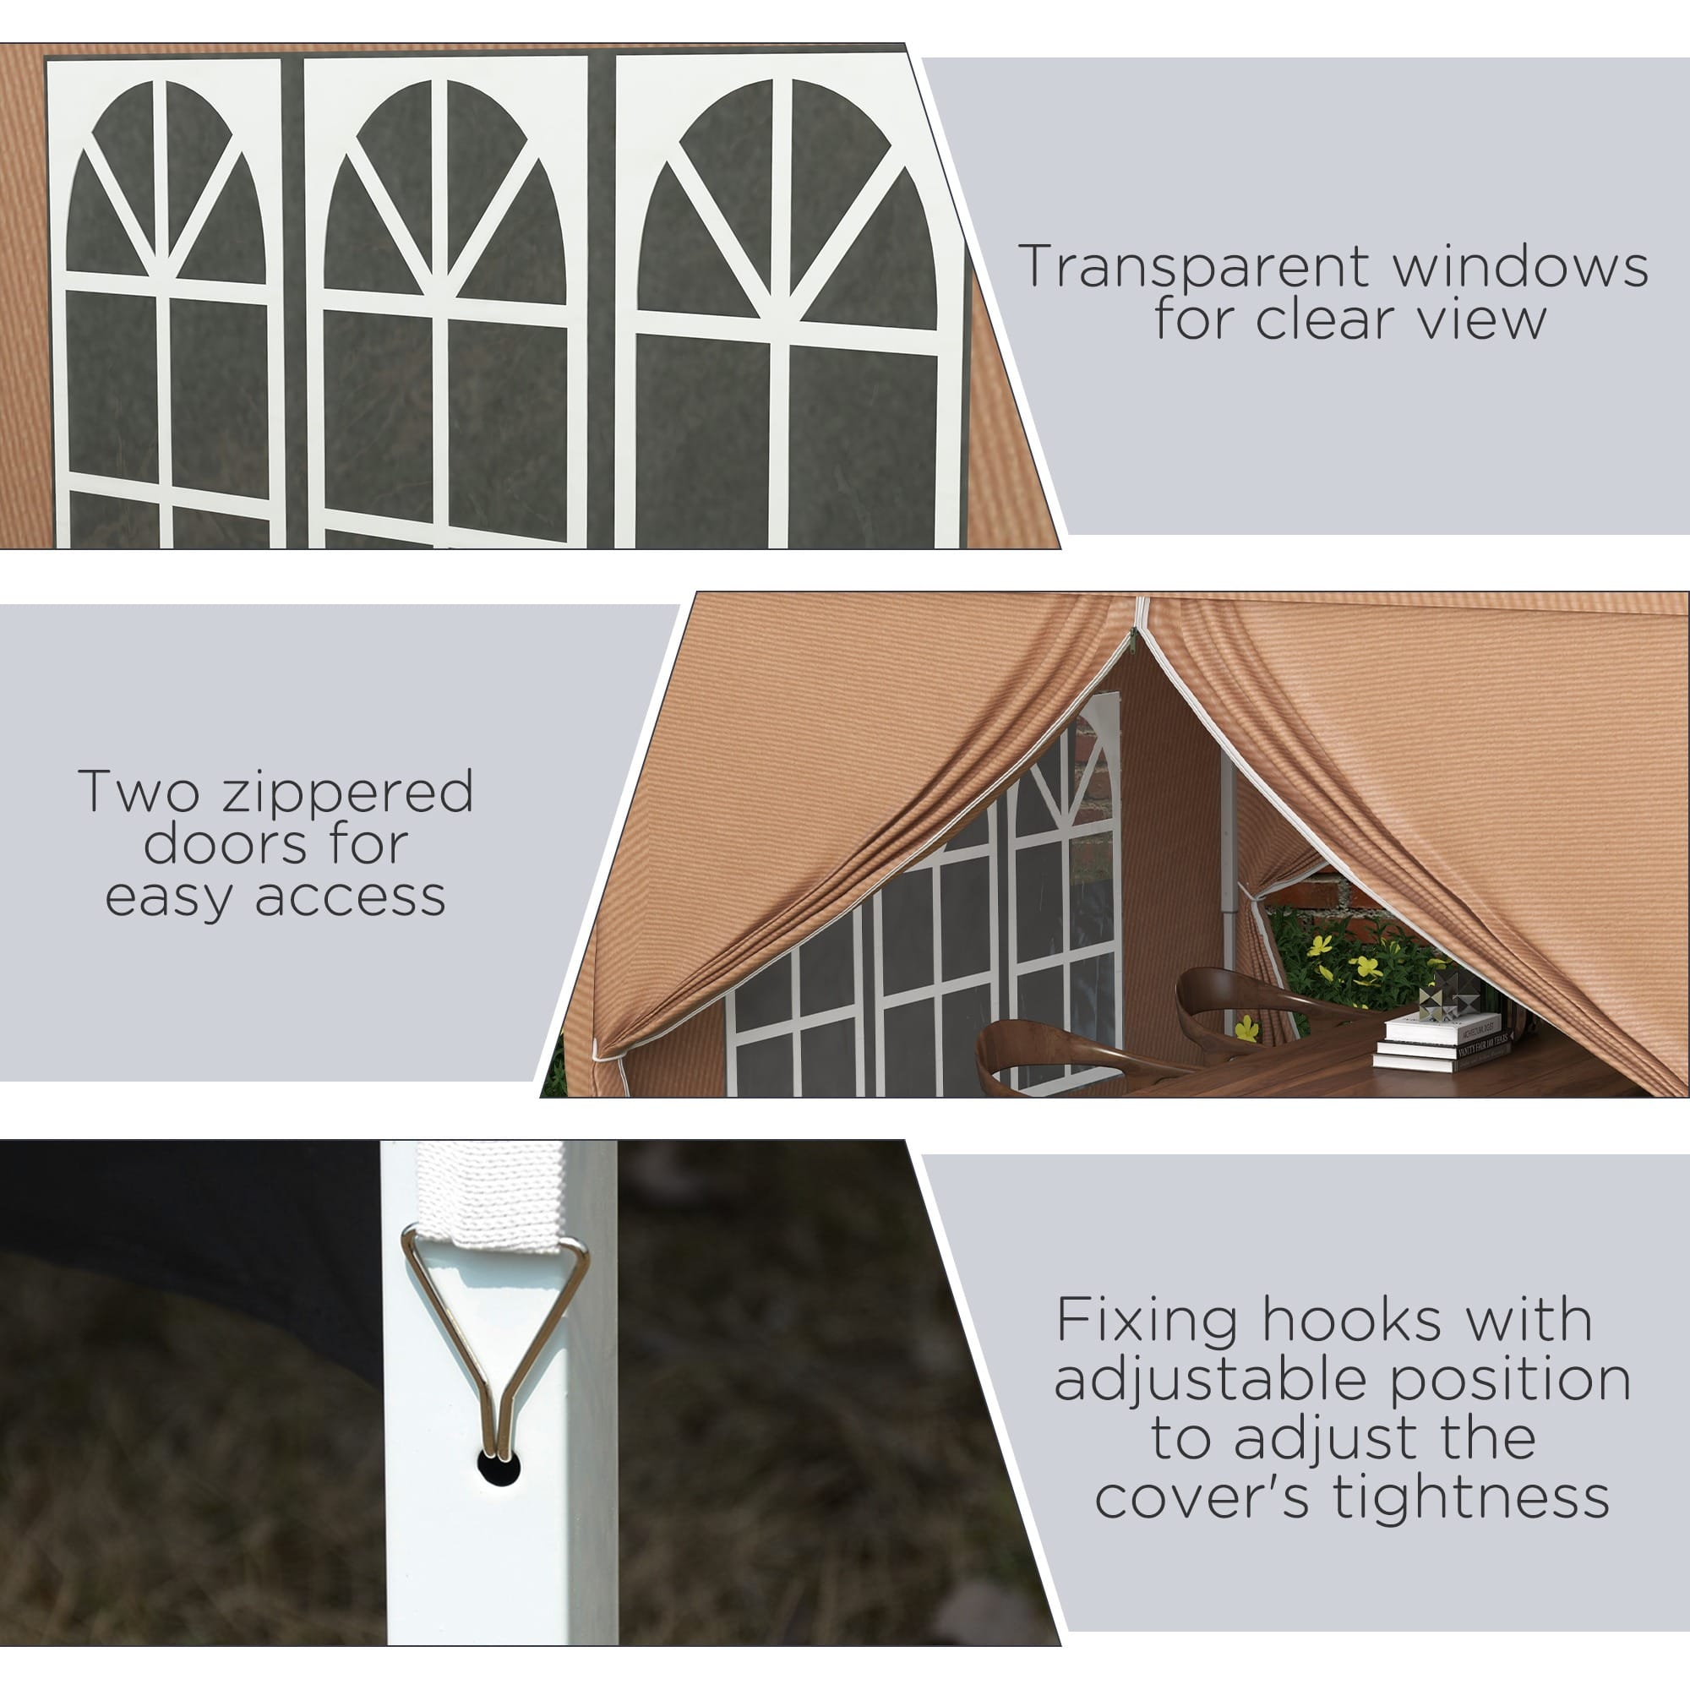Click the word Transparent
tap(1197, 266)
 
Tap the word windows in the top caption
tap(1521, 266)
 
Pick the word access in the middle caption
tap(350, 898)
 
